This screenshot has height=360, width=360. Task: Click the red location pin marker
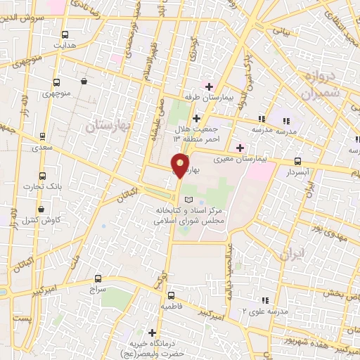[181, 165]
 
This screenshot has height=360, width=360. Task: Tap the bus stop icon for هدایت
[65, 34]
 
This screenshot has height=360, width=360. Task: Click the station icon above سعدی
[43, 136]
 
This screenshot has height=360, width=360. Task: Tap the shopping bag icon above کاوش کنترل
[41, 210]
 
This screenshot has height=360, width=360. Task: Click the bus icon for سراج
[98, 278]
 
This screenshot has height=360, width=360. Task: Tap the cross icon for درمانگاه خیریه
[152, 332]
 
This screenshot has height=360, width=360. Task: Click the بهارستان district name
[103, 127]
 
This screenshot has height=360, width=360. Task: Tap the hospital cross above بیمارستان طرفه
[209, 86]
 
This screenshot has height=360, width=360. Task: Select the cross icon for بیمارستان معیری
[241, 147]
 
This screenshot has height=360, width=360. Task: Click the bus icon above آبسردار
[297, 160]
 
